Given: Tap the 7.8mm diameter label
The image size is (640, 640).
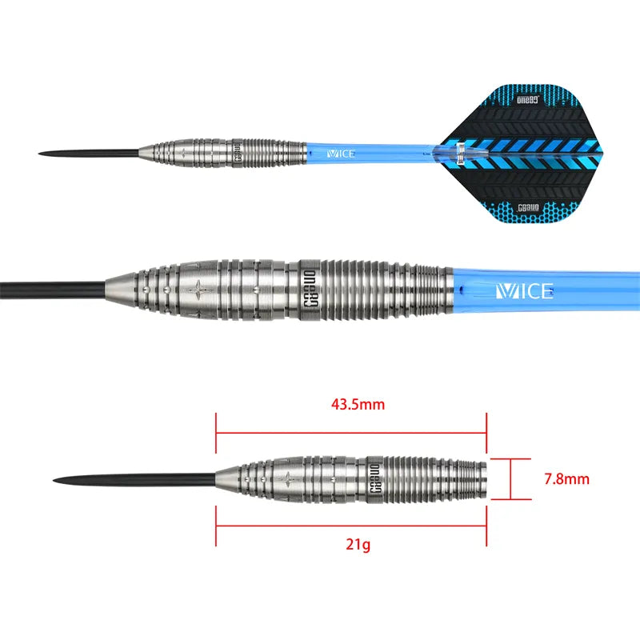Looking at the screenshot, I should [x=566, y=480].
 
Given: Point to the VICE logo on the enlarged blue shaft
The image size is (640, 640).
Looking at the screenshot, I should [x=525, y=290].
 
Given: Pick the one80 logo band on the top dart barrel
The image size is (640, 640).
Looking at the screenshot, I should [x=238, y=152].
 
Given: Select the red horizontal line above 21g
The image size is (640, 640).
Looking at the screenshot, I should [x=351, y=526].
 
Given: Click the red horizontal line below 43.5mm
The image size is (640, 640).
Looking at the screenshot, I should [x=351, y=434].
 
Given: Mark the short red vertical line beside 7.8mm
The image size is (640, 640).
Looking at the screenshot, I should [x=510, y=480].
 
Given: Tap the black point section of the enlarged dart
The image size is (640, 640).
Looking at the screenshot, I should [x=48, y=287].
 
